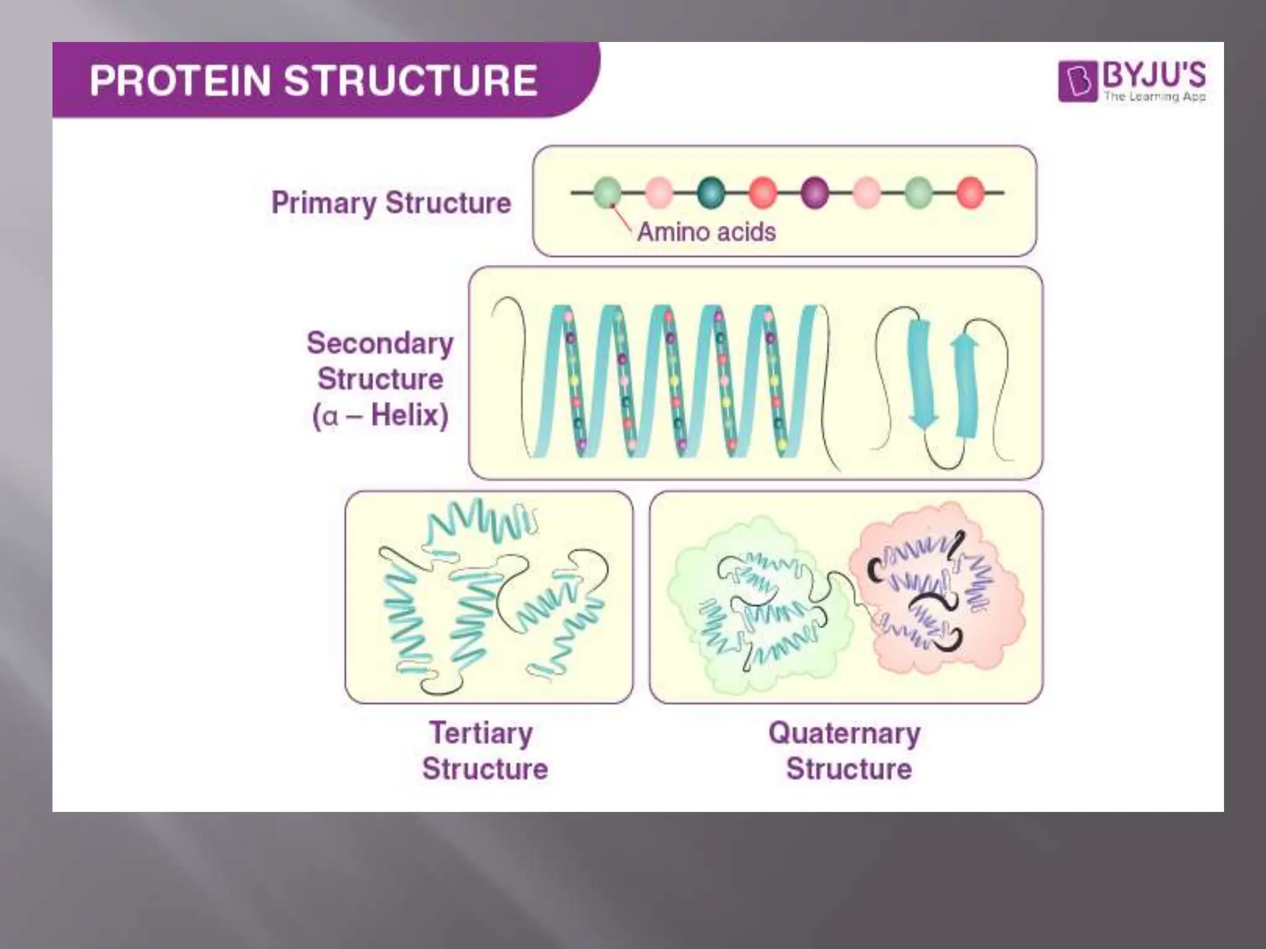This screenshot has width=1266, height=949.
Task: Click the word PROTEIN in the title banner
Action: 180,81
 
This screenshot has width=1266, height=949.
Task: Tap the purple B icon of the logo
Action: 1077,80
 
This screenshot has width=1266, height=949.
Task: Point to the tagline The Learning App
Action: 1155,96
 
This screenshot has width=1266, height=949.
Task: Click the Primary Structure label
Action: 391,203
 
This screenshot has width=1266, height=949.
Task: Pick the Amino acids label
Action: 706,232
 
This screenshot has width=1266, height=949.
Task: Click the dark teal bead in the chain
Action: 711,192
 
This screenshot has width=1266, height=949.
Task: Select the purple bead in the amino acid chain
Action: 815,192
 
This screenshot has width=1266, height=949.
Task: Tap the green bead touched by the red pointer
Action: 608,192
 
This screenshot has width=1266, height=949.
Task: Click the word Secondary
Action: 380,343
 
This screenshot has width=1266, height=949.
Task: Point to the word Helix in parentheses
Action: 409,415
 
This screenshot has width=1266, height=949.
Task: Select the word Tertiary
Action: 481,733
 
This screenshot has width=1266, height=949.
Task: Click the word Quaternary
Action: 844,733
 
